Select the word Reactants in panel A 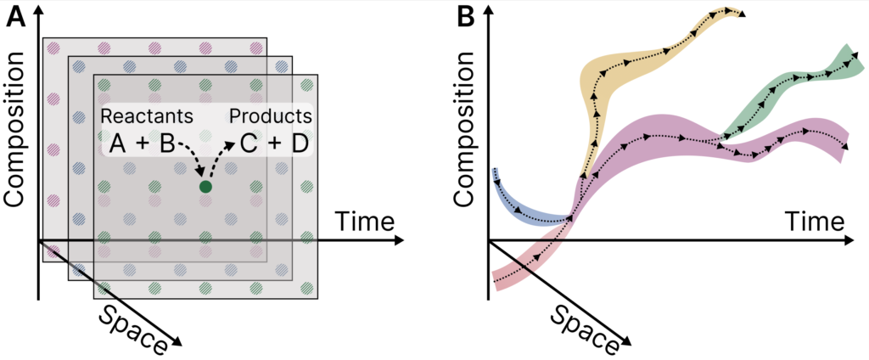click(146, 115)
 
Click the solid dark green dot click(205, 186)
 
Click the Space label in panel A click(132, 327)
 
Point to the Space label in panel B click(581, 327)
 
